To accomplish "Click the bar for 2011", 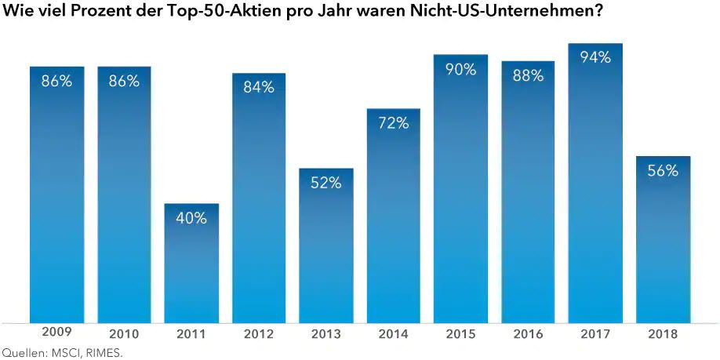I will [x=191, y=263].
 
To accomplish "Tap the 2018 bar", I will [x=663, y=239].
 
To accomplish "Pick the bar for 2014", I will [x=393, y=216].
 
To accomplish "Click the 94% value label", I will [x=595, y=57].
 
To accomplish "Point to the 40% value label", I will [x=191, y=218].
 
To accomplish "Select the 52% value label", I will [x=325, y=183].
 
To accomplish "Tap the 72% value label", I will [x=393, y=122].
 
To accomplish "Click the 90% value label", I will [x=460, y=69].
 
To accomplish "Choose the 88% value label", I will [x=528, y=75].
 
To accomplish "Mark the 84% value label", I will [x=259, y=87].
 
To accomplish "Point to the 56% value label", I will [x=663, y=170].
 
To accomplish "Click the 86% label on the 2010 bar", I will [x=124, y=81].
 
